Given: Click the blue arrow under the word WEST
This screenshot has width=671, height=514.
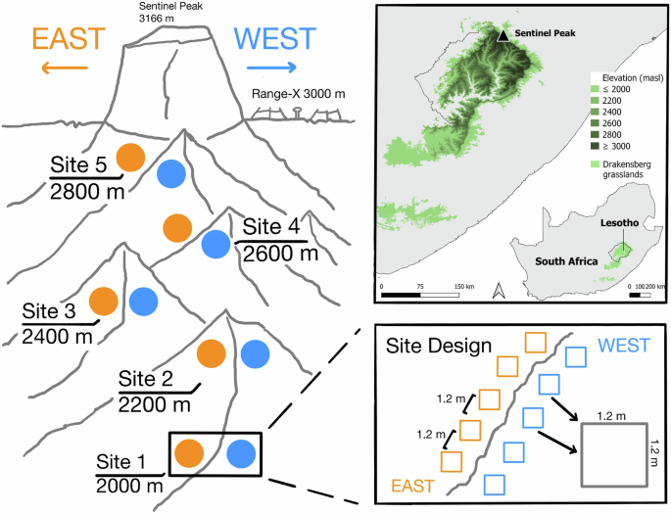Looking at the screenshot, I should [271, 68].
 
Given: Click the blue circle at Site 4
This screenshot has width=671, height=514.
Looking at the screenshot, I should [216, 244].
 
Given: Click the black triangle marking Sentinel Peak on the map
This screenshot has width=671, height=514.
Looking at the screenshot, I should [503, 35].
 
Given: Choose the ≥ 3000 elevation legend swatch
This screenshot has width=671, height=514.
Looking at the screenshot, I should [596, 144].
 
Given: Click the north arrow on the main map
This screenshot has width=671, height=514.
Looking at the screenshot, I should [498, 290].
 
